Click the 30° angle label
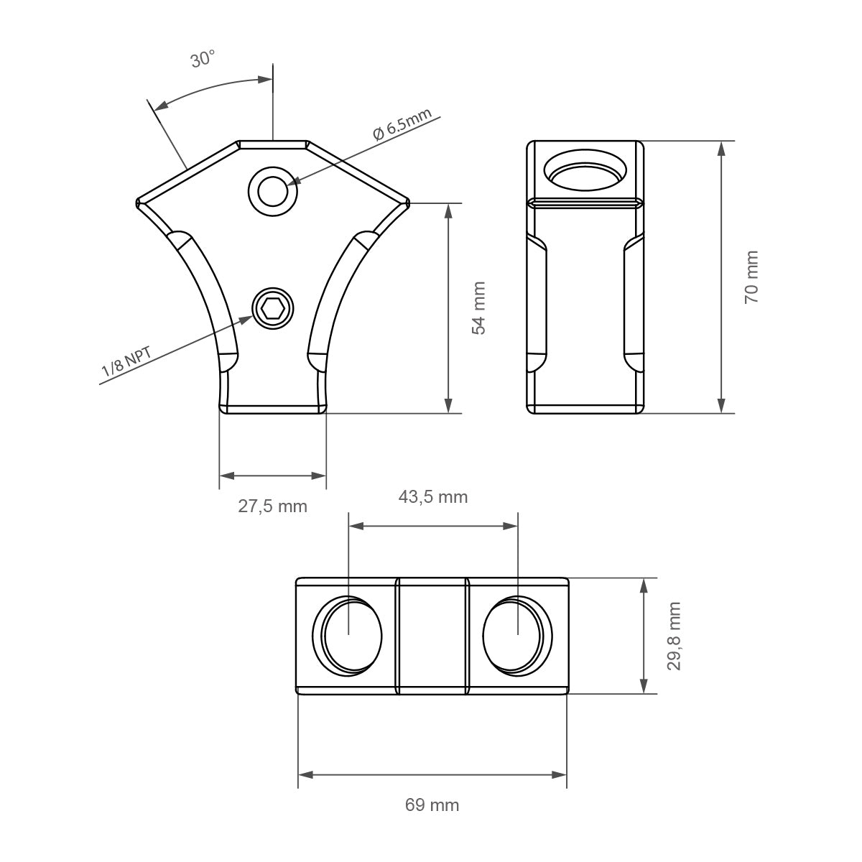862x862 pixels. [203, 60]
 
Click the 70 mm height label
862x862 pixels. [751, 277]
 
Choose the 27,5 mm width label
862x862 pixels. [272, 506]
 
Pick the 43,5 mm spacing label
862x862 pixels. [433, 496]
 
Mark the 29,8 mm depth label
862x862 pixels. [674, 636]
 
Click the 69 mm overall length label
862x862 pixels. [432, 805]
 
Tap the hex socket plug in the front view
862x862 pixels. [273, 309]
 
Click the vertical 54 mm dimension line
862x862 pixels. [448, 309]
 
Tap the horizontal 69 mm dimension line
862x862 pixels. [432, 774]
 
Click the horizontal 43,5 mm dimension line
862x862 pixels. [432, 526]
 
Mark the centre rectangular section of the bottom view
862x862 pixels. [432, 636]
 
